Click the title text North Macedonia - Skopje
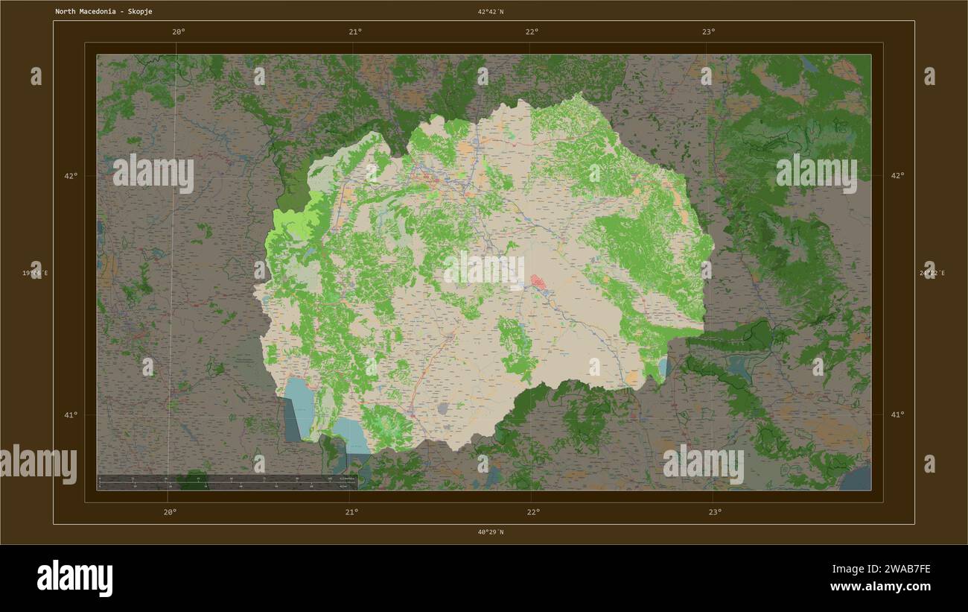(104, 12)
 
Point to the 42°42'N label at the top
(491, 12)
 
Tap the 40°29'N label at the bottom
(491, 532)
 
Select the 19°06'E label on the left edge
(35, 274)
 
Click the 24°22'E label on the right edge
(932, 274)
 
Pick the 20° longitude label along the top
(178, 31)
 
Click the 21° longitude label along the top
(355, 31)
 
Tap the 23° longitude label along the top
(708, 31)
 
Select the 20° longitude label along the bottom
(170, 511)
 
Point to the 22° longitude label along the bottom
(533, 511)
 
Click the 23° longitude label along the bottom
(715, 511)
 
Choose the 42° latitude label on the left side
(70, 176)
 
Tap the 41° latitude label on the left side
(70, 414)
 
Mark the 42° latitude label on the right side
(898, 176)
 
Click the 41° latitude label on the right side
(898, 414)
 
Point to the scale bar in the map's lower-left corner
(227, 482)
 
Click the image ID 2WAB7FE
(902, 570)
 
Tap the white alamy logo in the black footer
(74, 578)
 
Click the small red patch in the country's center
(537, 282)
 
